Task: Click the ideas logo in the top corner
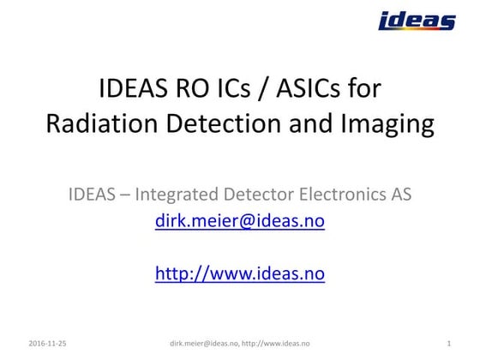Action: click(417, 21)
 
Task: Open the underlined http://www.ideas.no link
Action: click(239, 274)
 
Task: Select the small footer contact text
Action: click(239, 343)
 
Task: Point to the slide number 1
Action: click(449, 343)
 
